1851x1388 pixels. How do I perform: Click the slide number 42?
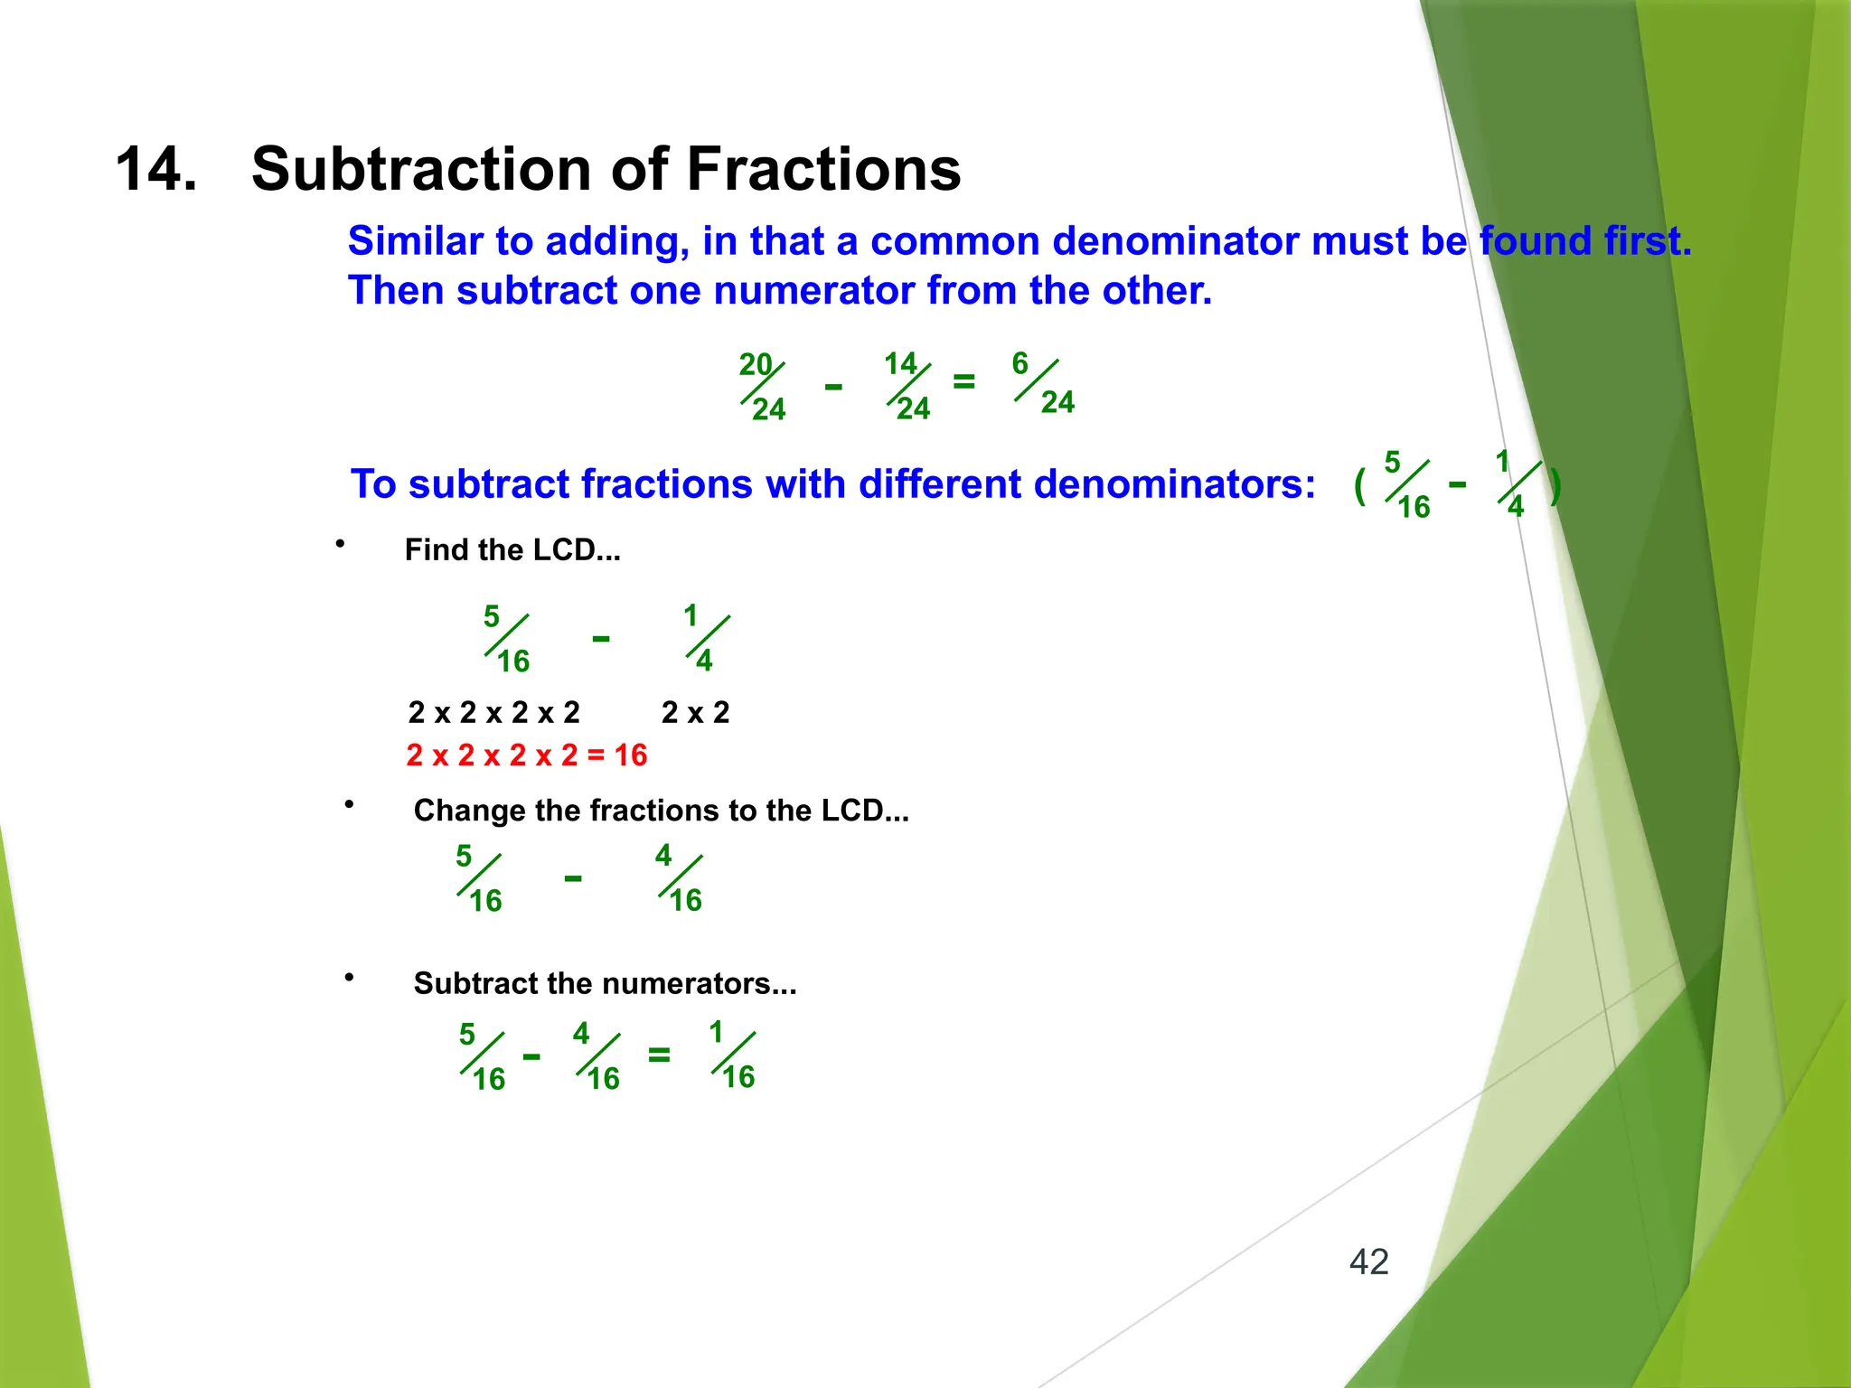(1368, 1261)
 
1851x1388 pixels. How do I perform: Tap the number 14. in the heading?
(155, 169)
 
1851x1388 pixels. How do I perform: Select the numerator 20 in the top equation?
(755, 364)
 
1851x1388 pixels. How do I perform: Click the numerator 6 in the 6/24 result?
(1019, 363)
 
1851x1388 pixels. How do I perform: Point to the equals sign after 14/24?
(963, 381)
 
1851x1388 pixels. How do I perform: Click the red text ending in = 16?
(526, 755)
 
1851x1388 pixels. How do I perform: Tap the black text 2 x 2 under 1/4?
(694, 712)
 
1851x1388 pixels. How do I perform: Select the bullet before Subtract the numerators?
(349, 977)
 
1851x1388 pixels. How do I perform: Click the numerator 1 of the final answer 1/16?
(716, 1032)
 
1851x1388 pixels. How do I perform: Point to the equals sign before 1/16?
(659, 1054)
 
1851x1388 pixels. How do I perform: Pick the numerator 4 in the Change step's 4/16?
(663, 855)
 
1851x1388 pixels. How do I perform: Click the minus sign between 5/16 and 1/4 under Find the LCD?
(600, 639)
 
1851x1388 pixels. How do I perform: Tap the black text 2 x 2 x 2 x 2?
(493, 712)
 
